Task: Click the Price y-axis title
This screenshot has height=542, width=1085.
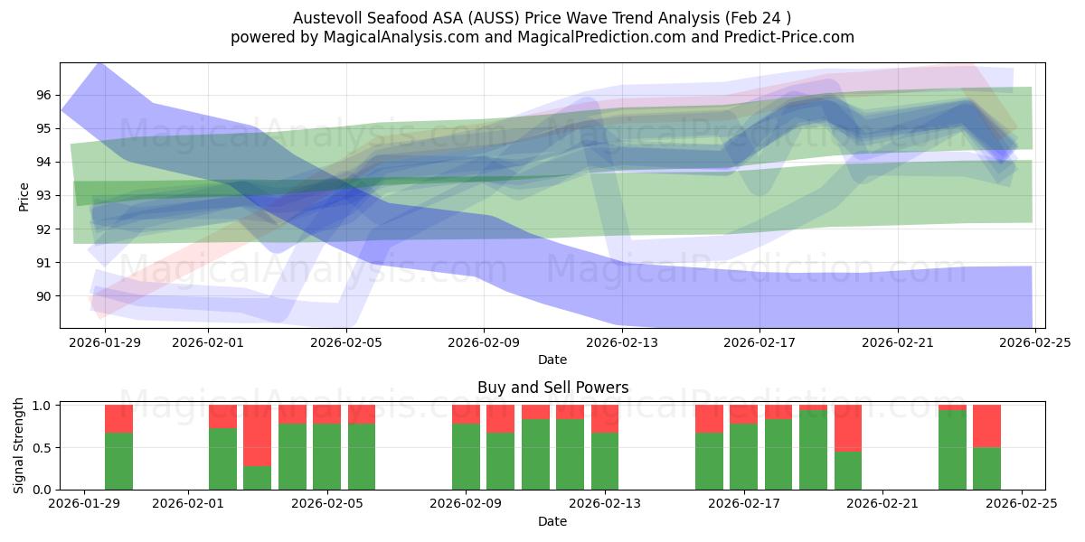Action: tap(24, 196)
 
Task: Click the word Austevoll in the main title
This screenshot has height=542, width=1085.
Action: tap(326, 18)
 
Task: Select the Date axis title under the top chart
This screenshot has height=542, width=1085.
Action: tap(552, 360)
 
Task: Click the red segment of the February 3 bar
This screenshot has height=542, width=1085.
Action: tap(258, 435)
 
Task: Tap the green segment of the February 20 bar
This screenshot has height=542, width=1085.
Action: tap(847, 470)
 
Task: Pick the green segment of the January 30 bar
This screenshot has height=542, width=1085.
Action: tap(118, 461)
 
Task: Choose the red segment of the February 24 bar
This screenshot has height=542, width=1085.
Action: tap(986, 426)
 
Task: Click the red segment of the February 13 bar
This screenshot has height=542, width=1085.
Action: tap(605, 418)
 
